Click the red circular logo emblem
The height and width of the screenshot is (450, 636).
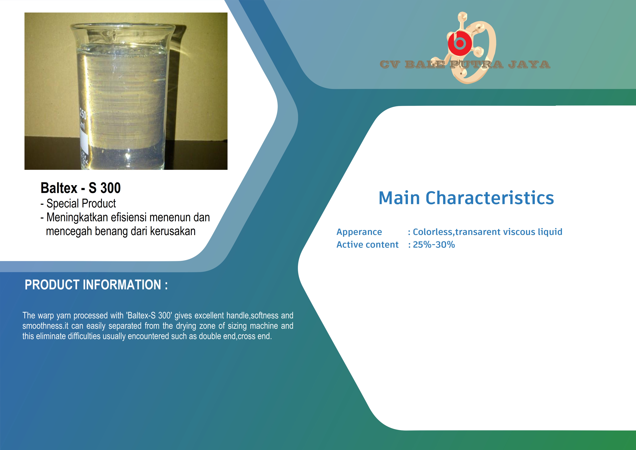tap(460, 43)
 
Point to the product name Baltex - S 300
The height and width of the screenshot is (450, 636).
tap(81, 188)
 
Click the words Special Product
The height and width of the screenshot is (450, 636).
tap(81, 203)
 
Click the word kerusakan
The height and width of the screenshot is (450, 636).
tap(173, 231)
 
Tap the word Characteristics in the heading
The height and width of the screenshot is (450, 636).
tap(490, 198)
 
